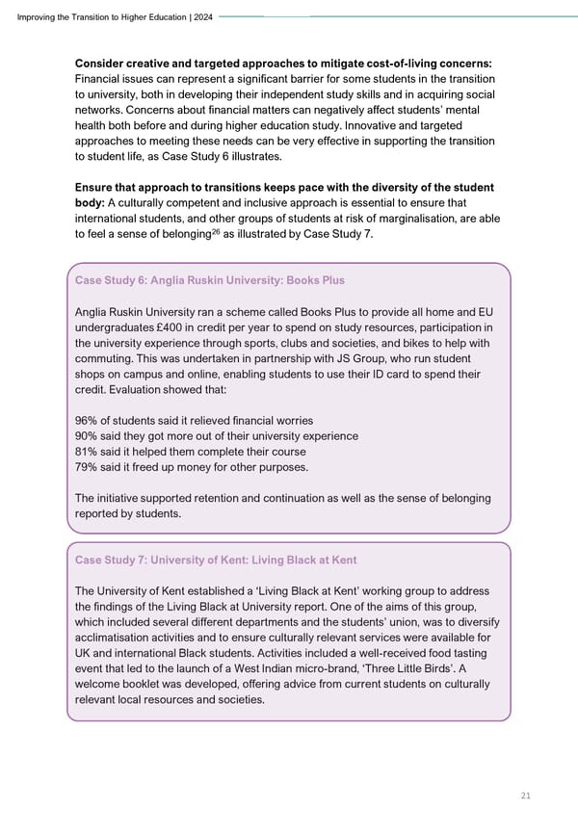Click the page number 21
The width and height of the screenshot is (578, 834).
pos(524,795)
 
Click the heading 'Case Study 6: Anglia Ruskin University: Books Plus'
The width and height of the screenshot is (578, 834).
pos(209,280)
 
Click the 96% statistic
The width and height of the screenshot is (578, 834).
pos(87,421)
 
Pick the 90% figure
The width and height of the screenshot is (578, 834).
pos(87,436)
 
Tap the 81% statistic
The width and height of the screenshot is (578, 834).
pos(87,452)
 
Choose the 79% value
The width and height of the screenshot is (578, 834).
pos(87,467)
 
